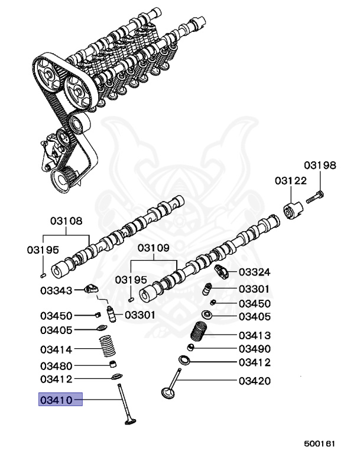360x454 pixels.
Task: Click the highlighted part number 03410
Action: click(x=56, y=400)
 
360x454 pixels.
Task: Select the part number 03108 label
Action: click(x=66, y=222)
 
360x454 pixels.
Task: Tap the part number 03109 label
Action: click(x=154, y=248)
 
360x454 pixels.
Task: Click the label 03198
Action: click(x=320, y=166)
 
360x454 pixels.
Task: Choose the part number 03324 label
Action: click(x=254, y=272)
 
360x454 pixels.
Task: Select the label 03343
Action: click(x=56, y=290)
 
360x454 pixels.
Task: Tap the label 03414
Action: click(x=56, y=349)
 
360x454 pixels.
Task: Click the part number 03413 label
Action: click(x=254, y=335)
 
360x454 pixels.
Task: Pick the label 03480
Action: click(x=56, y=365)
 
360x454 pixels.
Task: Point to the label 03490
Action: click(x=254, y=348)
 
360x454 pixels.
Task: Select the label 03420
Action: click(x=254, y=381)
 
